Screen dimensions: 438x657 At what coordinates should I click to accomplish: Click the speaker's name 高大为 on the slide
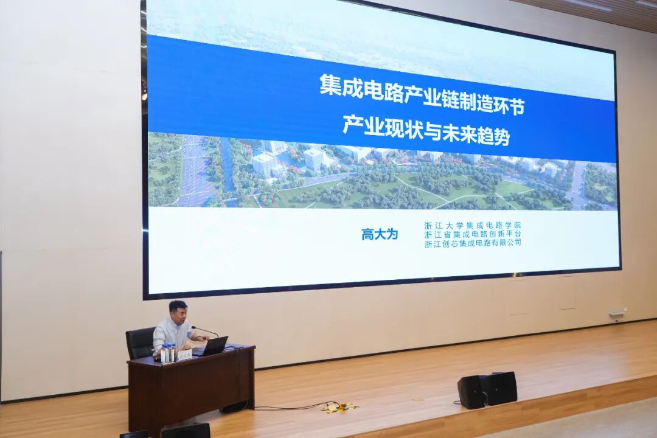(380, 234)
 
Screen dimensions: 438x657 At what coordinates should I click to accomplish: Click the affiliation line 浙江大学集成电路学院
(473, 225)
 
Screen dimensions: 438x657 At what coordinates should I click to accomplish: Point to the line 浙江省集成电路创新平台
(473, 234)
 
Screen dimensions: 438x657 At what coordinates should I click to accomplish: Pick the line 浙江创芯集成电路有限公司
(473, 242)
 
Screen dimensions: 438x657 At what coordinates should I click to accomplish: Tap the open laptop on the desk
(214, 346)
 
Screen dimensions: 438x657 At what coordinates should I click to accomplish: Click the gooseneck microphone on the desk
(204, 332)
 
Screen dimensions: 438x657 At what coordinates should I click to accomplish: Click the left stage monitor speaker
(473, 392)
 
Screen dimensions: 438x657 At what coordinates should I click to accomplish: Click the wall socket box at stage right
(617, 314)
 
